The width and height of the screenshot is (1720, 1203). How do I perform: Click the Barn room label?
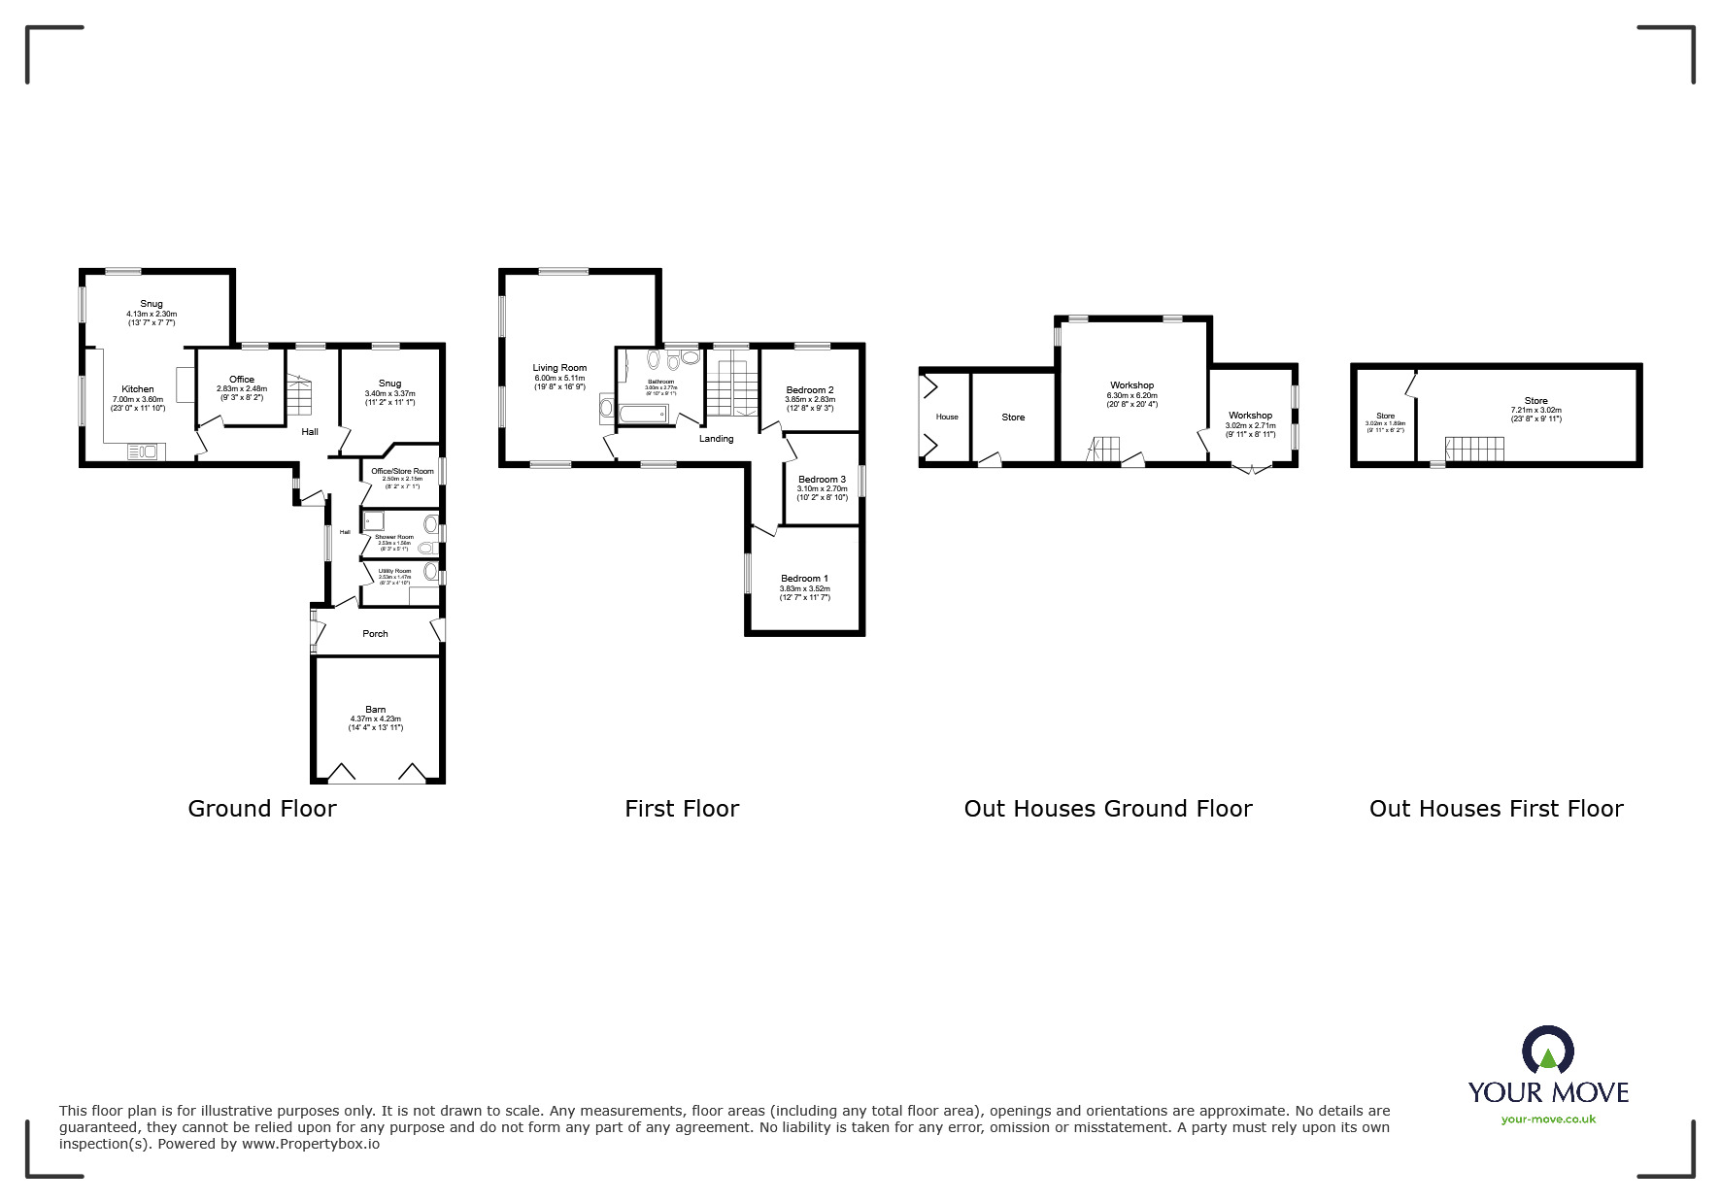(375, 710)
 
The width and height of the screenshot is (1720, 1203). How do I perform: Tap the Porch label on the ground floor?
(375, 634)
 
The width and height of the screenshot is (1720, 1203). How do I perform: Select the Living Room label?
(559, 368)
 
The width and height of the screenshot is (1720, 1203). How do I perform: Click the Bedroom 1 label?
(804, 579)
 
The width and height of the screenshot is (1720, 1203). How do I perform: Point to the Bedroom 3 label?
(822, 480)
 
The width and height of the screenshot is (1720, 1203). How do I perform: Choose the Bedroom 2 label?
(810, 390)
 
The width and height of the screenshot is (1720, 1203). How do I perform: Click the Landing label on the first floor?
(717, 439)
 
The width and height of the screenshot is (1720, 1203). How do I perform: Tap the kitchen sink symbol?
(143, 451)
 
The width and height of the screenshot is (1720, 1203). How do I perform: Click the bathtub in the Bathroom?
(641, 415)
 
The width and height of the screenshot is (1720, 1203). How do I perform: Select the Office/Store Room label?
(402, 471)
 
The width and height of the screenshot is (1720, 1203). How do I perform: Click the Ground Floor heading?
(262, 809)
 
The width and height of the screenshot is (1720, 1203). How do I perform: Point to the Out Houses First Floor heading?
(1496, 809)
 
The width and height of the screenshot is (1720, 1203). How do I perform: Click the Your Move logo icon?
(1547, 1052)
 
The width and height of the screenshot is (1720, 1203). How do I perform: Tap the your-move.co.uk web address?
(1548, 1119)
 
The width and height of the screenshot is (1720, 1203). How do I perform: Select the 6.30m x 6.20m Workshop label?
(1131, 385)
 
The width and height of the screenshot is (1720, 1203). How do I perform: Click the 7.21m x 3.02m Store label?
(1535, 401)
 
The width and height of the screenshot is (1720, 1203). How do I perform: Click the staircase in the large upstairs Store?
(1473, 450)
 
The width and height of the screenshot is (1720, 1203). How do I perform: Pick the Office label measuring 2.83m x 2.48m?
(242, 380)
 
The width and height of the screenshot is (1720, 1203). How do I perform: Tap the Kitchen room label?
(138, 389)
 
